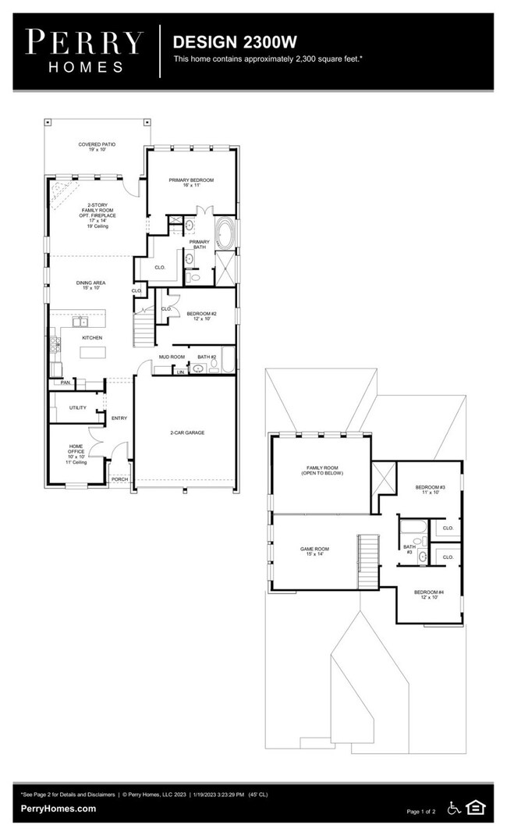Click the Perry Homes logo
click(x=85, y=50)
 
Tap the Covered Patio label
click(x=97, y=147)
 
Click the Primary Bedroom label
click(x=191, y=183)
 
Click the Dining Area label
click(x=90, y=285)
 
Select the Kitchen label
click(x=92, y=338)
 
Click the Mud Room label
click(x=172, y=357)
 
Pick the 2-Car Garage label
click(x=187, y=432)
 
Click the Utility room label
click(x=77, y=407)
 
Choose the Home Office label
click(x=76, y=454)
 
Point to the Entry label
click(x=119, y=418)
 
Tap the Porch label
click(x=119, y=479)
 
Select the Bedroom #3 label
click(x=430, y=490)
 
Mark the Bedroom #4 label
click(x=430, y=595)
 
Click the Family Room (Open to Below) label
click(x=324, y=471)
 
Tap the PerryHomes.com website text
click(x=58, y=809)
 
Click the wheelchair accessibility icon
click(x=454, y=808)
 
